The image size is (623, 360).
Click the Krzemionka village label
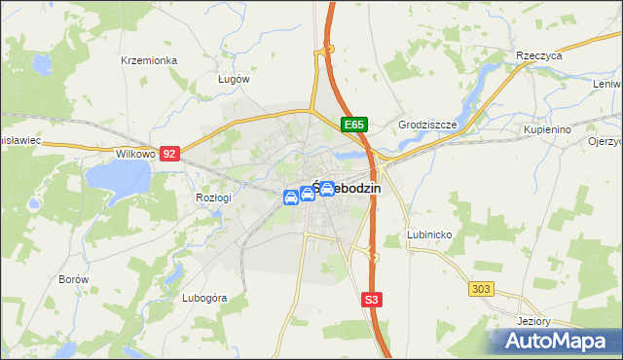click(149, 60)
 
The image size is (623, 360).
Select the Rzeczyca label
click(540, 56)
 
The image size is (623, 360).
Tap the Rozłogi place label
click(213, 198)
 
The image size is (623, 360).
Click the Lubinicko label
click(429, 235)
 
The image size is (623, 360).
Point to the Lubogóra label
click(204, 298)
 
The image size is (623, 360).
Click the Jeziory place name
click(535, 322)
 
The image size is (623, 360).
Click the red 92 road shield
click(170, 154)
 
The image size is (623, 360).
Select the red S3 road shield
click(371, 300)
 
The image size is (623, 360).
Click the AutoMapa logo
click(556, 341)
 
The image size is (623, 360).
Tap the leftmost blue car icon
click(290, 198)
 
